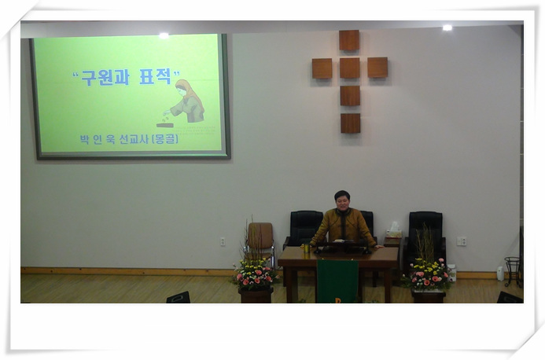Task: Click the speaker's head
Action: [341, 200]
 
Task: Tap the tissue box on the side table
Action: [393, 231]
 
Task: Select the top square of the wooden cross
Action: [349, 40]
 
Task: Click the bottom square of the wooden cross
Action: [351, 123]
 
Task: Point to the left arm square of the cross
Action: [322, 68]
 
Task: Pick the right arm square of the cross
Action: [377, 68]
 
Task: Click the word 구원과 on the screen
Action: [105, 78]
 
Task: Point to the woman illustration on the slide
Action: [184, 104]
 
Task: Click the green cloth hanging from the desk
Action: [337, 281]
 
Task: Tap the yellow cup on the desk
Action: [307, 248]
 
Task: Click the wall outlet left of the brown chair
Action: [223, 241]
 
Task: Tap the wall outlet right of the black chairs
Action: [461, 241]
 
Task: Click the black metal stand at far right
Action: [513, 272]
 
